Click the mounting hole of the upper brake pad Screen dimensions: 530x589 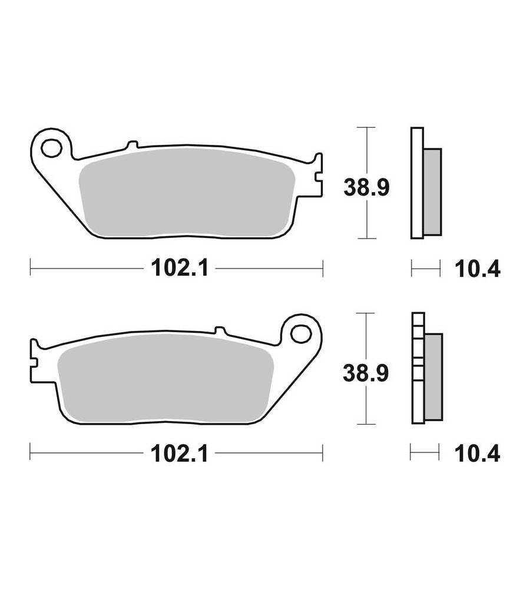click(51, 148)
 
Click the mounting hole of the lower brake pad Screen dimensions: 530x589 click(302, 333)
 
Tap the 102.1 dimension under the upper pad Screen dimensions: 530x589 click(179, 269)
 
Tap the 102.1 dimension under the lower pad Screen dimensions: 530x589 click(179, 454)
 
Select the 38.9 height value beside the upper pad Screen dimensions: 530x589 click(366, 187)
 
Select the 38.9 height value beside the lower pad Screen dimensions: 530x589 click(366, 373)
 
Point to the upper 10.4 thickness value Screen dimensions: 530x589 click(478, 269)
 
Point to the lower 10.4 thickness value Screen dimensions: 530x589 click(477, 454)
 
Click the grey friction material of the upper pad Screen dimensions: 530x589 click(187, 193)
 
